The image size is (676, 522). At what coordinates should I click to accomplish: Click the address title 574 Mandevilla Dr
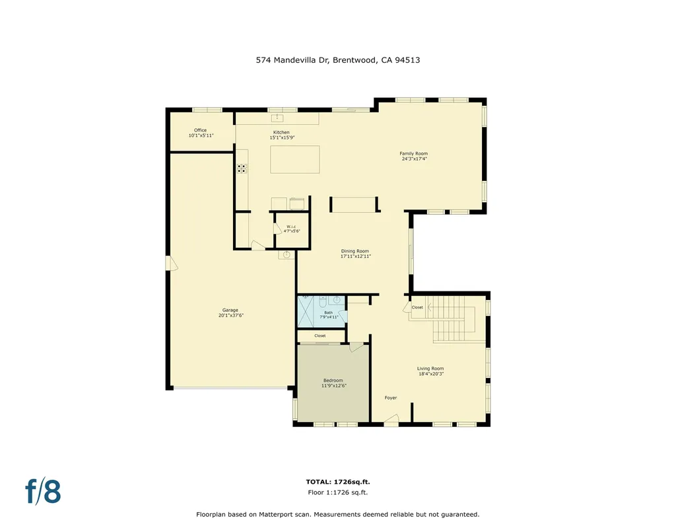[x=338, y=59]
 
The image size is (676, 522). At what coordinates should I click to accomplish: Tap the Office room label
[x=200, y=130]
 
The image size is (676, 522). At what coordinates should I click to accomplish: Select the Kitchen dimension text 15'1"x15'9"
[x=281, y=138]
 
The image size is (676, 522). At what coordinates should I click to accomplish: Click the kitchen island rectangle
[x=294, y=159]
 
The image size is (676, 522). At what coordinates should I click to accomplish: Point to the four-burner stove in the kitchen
[x=242, y=168]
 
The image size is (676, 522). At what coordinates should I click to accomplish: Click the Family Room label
[x=413, y=153]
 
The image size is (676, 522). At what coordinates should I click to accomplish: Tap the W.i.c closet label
[x=292, y=227]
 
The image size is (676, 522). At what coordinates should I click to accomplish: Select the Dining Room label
[x=355, y=251]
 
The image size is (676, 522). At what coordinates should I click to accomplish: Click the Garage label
[x=230, y=310]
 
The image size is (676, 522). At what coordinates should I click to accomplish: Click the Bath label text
[x=328, y=313]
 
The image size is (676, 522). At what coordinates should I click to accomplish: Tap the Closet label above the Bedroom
[x=320, y=336]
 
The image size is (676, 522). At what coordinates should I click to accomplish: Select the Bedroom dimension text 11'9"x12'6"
[x=333, y=386]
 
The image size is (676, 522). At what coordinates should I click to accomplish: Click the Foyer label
[x=391, y=398]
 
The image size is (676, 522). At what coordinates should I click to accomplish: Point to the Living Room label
[x=430, y=369]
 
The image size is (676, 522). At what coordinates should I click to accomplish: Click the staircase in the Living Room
[x=453, y=317]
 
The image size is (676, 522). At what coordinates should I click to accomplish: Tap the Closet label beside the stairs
[x=417, y=307]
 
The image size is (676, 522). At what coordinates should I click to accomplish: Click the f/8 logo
[x=44, y=491]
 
